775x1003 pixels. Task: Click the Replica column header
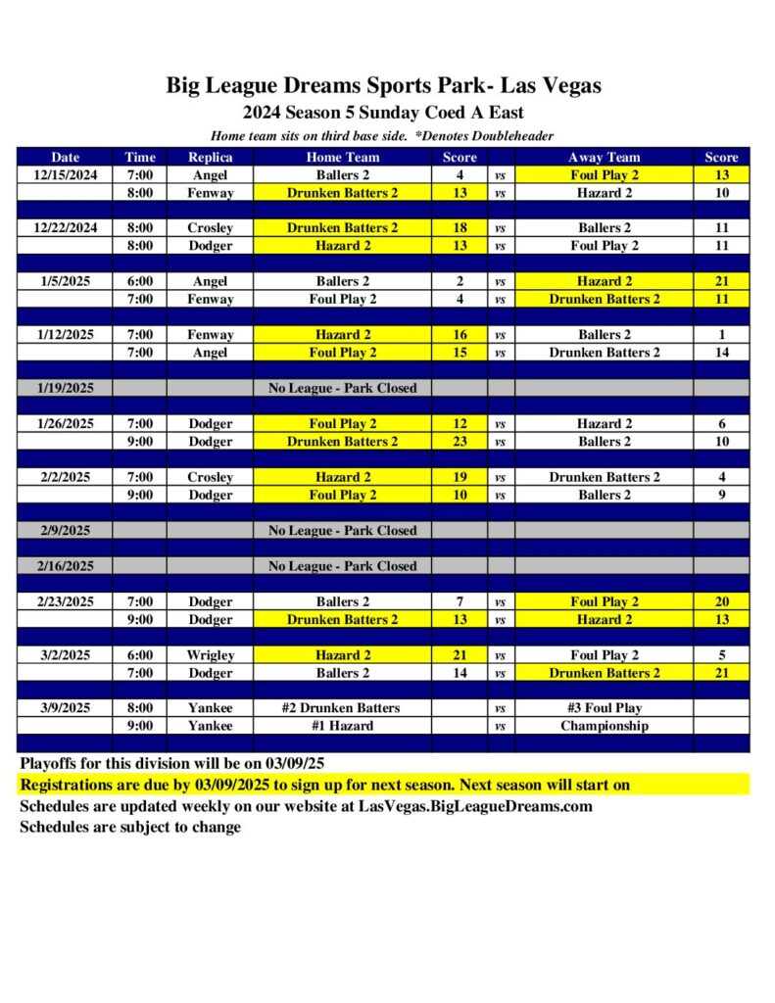click(x=211, y=157)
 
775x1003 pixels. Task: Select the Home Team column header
click(x=342, y=157)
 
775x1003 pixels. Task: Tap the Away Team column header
click(x=604, y=157)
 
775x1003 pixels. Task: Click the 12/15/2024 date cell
click(x=66, y=175)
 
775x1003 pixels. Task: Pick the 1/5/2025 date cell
click(x=66, y=281)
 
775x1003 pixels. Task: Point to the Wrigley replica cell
click(x=211, y=655)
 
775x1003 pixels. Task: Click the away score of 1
click(x=721, y=335)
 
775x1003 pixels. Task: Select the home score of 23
click(x=460, y=442)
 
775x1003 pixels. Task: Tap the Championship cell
click(x=604, y=726)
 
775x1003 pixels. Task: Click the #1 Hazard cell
click(x=342, y=726)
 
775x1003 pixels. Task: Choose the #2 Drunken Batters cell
click(x=342, y=708)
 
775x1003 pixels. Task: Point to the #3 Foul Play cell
click(x=604, y=708)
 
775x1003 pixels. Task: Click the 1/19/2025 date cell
click(x=66, y=388)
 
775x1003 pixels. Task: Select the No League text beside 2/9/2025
click(x=342, y=531)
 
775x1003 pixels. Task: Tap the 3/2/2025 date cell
click(x=66, y=655)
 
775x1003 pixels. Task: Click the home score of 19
click(x=460, y=477)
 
